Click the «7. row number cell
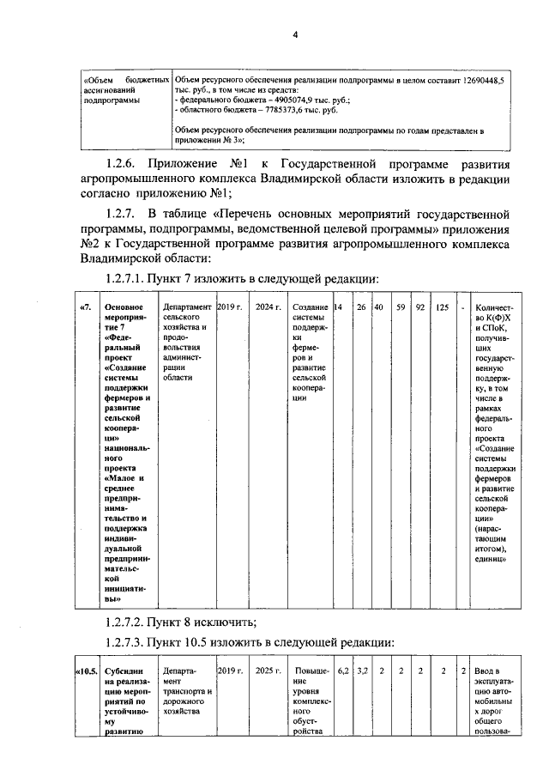86,307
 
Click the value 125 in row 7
442,307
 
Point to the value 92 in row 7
420,307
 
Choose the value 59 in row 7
400,307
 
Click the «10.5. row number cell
87,670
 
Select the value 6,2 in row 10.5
341,670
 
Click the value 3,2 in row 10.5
362,670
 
